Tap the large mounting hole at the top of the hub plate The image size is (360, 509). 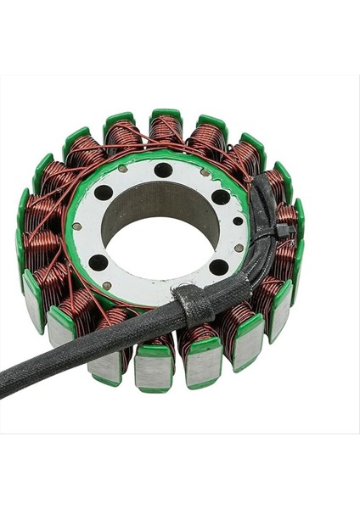pyautogui.click(x=163, y=170)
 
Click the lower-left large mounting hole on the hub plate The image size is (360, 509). pyautogui.click(x=98, y=262)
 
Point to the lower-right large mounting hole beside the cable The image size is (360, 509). pyautogui.click(x=218, y=266)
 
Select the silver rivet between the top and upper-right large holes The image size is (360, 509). pyautogui.click(x=205, y=173)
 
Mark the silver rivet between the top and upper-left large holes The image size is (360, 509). pyautogui.click(x=125, y=170)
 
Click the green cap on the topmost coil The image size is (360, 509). pyautogui.click(x=166, y=113)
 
